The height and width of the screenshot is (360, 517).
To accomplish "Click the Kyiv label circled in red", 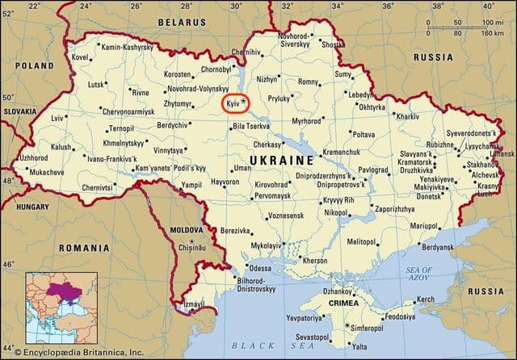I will (x=234, y=103).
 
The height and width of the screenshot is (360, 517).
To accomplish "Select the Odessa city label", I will (x=260, y=268).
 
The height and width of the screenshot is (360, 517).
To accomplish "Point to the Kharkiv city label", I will (x=407, y=116).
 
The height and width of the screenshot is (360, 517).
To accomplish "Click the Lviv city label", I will (x=57, y=118).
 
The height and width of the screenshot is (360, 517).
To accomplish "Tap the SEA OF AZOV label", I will (x=419, y=274).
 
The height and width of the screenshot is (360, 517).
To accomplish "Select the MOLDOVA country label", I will (x=187, y=230).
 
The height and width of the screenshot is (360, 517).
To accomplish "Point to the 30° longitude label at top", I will (x=236, y=6).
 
